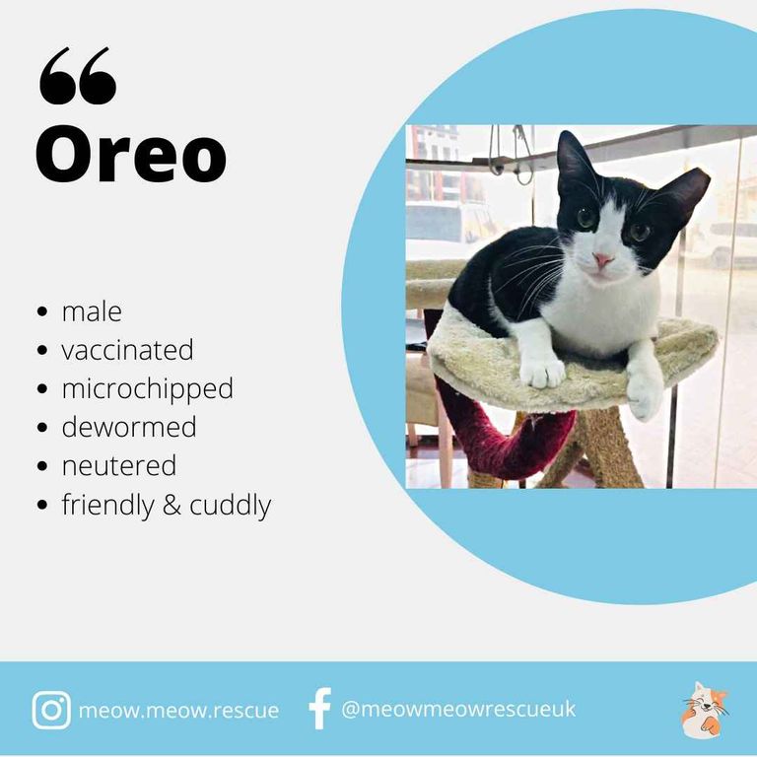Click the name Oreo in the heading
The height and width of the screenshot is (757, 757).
(131, 154)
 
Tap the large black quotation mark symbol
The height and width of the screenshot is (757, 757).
(78, 76)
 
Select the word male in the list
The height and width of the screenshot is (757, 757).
(92, 311)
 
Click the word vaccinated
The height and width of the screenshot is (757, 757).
(127, 350)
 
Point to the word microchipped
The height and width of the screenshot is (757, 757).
(147, 389)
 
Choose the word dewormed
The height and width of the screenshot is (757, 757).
(129, 427)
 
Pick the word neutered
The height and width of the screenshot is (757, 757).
(118, 466)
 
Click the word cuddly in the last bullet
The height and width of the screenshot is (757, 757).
(231, 506)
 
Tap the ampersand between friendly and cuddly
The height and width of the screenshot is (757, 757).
(172, 505)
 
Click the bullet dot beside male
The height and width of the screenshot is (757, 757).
(42, 311)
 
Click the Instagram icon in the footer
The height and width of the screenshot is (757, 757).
(51, 710)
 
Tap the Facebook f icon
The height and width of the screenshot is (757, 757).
(320, 709)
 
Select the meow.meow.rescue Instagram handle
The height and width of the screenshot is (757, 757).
(178, 710)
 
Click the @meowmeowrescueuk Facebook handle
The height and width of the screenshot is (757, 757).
(458, 709)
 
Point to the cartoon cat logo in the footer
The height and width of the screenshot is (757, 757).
(705, 710)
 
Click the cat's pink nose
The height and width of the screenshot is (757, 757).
(602, 260)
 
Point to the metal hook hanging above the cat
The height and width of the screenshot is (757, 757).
(522, 155)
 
